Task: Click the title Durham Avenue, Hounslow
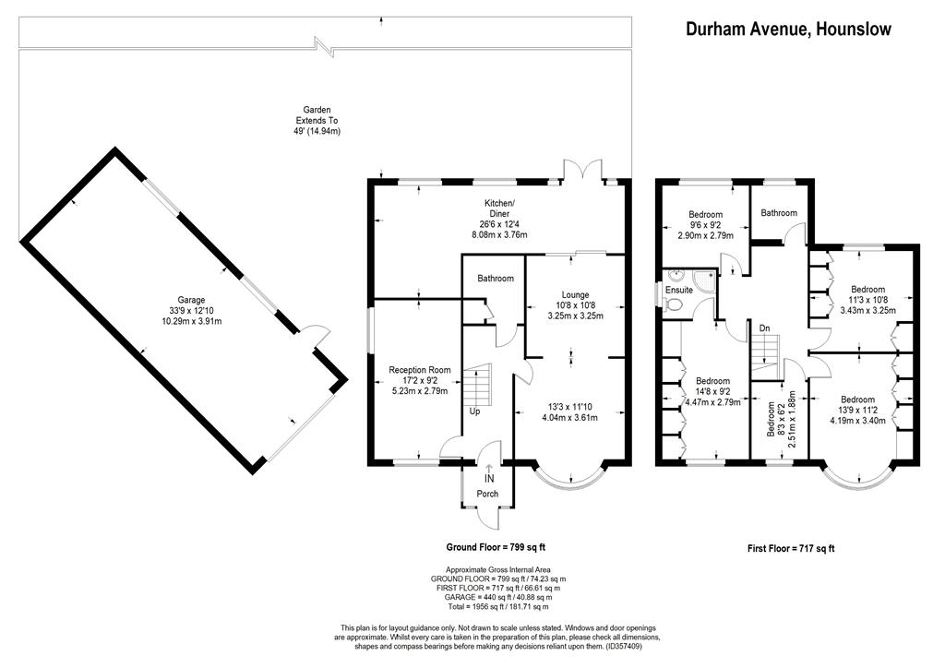click(x=788, y=29)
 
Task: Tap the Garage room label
click(x=191, y=300)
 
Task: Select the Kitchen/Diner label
click(x=499, y=209)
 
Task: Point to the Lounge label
click(x=575, y=295)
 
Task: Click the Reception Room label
click(x=420, y=370)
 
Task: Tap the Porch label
click(x=487, y=494)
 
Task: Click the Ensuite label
click(x=679, y=290)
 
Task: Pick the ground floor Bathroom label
click(x=496, y=279)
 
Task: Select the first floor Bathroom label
click(x=779, y=212)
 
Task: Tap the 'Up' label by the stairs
click(x=475, y=412)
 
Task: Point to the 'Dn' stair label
click(x=764, y=328)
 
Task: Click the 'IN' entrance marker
click(x=489, y=480)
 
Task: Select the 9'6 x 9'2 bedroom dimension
click(x=706, y=225)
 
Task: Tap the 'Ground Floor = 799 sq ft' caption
click(x=496, y=547)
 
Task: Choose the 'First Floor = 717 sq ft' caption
click(x=791, y=548)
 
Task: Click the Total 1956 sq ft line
click(x=497, y=606)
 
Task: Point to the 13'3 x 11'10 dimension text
click(x=569, y=407)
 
